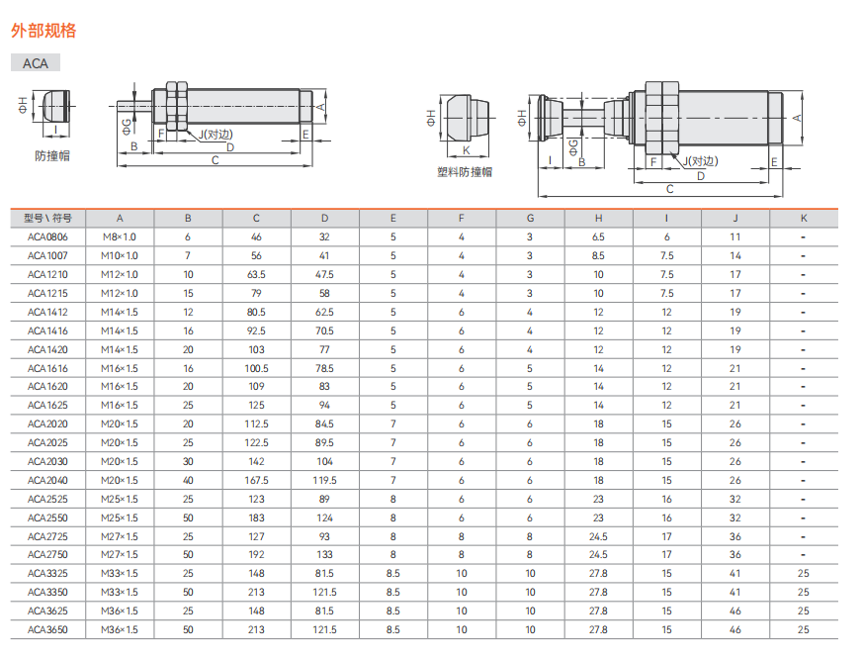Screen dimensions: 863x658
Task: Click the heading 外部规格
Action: (43, 31)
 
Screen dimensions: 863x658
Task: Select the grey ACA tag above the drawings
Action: (36, 62)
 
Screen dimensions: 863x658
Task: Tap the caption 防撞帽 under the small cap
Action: (52, 156)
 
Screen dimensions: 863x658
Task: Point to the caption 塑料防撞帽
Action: (465, 172)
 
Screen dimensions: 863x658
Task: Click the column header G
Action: (530, 219)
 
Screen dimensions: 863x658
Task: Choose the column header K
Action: (804, 219)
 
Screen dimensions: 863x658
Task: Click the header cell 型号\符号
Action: (47, 219)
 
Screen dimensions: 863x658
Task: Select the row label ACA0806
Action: (47, 236)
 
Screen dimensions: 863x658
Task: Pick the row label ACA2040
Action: (47, 480)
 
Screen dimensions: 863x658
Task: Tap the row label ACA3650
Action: (47, 629)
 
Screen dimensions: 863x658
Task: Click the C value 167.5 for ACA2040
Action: (256, 480)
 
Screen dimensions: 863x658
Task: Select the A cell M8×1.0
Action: (120, 236)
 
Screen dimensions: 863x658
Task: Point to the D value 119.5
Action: (324, 480)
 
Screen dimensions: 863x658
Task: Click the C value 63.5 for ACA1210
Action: (256, 274)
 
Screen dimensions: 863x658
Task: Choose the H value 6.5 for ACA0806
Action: (598, 236)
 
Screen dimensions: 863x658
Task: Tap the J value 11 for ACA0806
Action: (735, 236)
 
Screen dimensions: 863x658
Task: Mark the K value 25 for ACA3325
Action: (804, 573)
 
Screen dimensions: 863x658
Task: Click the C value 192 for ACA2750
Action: (256, 554)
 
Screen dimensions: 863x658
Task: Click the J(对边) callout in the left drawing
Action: (216, 134)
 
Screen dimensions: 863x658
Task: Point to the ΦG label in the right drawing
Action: (573, 147)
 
